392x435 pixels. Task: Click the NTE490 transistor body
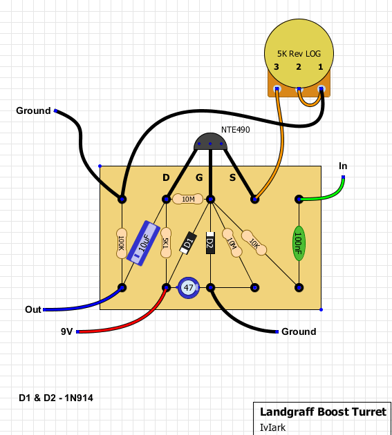point(210,142)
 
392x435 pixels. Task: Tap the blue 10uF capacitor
point(143,243)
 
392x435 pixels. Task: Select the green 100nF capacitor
point(299,243)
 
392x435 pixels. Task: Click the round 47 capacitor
point(189,288)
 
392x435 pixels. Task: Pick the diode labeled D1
point(188,243)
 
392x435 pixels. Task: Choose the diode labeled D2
point(210,243)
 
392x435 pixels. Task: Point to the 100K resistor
point(122,243)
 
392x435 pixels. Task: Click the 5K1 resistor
point(166,243)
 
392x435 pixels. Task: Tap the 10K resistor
point(254,243)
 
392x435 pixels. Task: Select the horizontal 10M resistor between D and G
point(188,199)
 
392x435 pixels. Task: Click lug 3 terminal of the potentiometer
point(277,89)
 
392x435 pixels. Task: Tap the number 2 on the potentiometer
point(299,67)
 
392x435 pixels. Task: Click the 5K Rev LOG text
point(299,54)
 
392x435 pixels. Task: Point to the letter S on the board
point(232,177)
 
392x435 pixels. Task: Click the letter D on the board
point(166,177)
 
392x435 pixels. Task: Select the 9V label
point(66,331)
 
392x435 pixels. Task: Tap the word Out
point(33,309)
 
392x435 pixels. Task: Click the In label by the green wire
point(343,166)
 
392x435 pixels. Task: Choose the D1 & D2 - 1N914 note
point(56,398)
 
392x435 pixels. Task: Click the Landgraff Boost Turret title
point(323,412)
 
